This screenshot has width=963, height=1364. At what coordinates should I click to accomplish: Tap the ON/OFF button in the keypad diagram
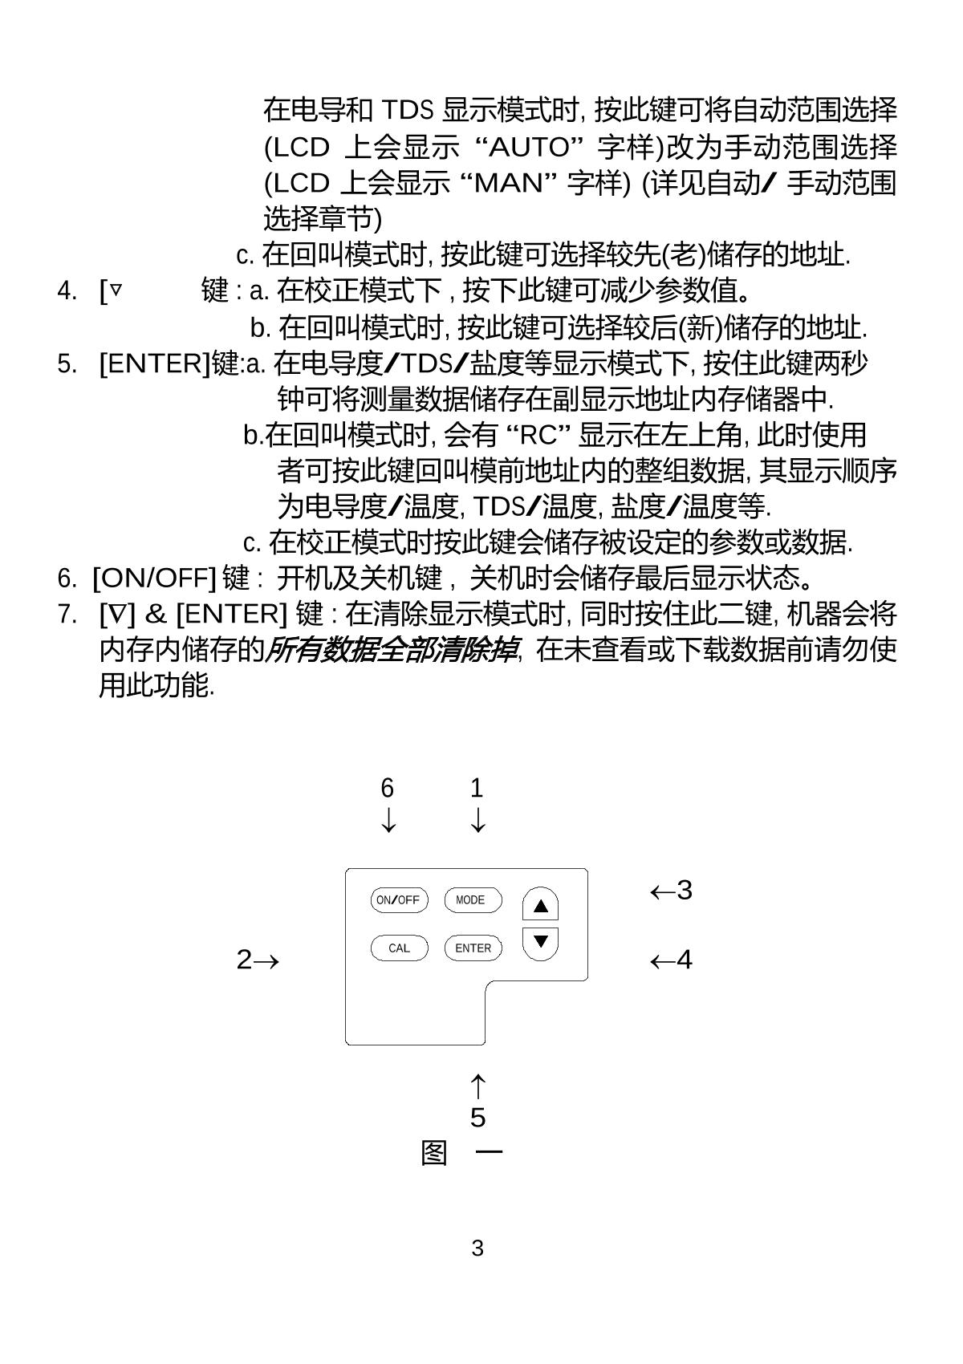(399, 900)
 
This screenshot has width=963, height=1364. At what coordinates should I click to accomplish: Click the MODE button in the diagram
(473, 900)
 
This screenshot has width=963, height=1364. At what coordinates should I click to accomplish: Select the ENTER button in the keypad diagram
(473, 948)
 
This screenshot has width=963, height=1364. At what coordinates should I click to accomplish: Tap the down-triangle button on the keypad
(540, 941)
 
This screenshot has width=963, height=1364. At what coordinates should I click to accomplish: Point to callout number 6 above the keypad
(388, 788)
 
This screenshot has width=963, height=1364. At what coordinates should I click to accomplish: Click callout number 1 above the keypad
(477, 788)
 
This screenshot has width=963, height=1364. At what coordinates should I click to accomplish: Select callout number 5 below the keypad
(477, 1117)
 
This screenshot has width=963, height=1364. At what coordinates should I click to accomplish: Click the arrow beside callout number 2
(268, 960)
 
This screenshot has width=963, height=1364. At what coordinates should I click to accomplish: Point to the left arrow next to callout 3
(661, 891)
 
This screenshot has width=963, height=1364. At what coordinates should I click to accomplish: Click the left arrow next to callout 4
(661, 960)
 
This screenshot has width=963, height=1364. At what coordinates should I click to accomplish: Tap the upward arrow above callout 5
(477, 1086)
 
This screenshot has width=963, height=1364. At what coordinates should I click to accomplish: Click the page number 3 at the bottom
(477, 1248)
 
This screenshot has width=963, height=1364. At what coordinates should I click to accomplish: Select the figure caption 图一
(461, 1154)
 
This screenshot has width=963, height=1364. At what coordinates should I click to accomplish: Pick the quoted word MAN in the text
(509, 184)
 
